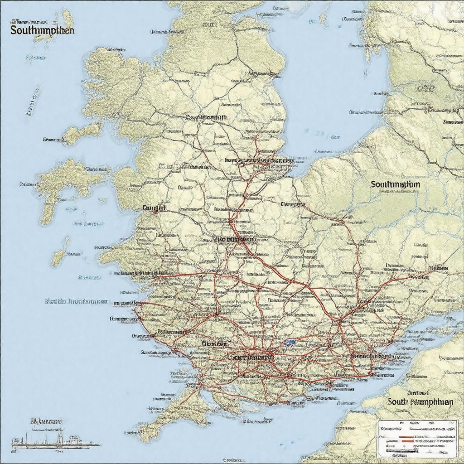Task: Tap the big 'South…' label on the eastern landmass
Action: (395, 184)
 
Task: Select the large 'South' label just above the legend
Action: (420, 401)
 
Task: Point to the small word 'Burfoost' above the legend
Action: (418, 392)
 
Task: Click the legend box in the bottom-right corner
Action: (417, 438)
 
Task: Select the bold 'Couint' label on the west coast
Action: (154, 208)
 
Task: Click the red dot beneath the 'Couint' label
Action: (155, 213)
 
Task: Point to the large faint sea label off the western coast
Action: (76, 301)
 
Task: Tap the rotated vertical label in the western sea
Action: (32, 102)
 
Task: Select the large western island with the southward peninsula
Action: (63, 181)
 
